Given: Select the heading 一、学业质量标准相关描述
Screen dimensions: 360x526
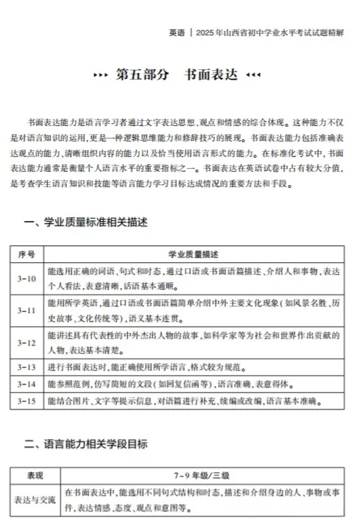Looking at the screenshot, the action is (x=87, y=222).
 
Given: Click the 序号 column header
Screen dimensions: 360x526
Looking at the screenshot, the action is (x=27, y=253).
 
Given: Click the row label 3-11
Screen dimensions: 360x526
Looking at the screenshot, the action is (x=27, y=311).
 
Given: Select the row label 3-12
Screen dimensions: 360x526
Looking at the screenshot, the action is (x=27, y=343).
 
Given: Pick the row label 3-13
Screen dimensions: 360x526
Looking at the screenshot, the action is (x=27, y=366).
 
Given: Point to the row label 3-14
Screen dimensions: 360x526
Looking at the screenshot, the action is (x=27, y=384).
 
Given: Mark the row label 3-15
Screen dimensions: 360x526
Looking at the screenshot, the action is (x=27, y=401).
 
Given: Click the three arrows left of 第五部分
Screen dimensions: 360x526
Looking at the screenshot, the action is (x=102, y=76).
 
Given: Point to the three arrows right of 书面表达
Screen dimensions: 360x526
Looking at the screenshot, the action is (x=253, y=76).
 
